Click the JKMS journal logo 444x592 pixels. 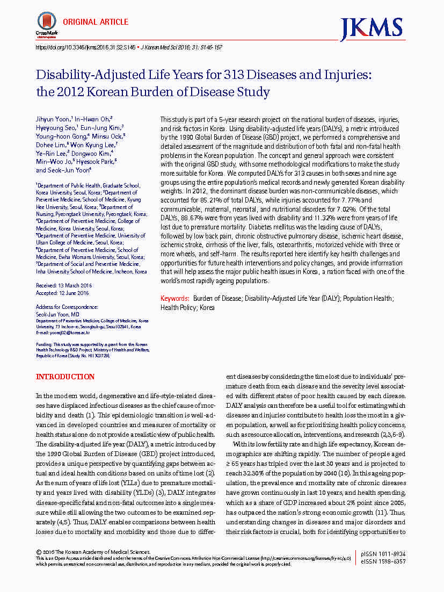(x=371, y=28)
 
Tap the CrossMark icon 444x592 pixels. (x=46, y=24)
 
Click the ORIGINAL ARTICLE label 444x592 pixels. (x=96, y=22)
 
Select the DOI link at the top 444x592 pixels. (x=85, y=47)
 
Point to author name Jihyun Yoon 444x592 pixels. (x=54, y=118)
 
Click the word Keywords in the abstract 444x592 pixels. (x=174, y=298)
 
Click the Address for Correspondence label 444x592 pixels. (x=67, y=307)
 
